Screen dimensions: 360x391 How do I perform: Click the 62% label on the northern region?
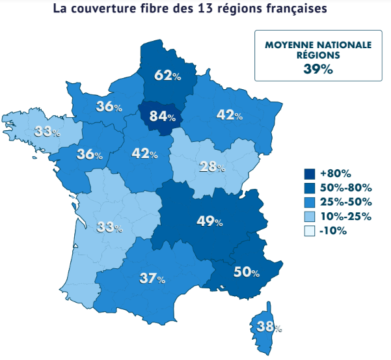pyautogui.click(x=167, y=76)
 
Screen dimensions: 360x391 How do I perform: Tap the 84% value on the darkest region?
pyautogui.click(x=162, y=117)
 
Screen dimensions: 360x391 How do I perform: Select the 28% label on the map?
pyautogui.click(x=212, y=167)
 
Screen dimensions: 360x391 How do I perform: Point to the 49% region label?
pyautogui.click(x=209, y=221)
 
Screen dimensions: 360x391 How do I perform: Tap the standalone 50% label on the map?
pyautogui.click(x=247, y=272)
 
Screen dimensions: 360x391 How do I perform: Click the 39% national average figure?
pyautogui.click(x=317, y=69)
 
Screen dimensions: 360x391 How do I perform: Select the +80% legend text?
pyautogui.click(x=336, y=173)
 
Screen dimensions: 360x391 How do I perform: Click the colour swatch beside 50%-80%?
pyautogui.click(x=310, y=187)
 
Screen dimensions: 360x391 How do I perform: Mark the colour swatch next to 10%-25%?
pyautogui.click(x=310, y=216)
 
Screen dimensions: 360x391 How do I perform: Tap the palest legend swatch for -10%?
pyautogui.click(x=310, y=230)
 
